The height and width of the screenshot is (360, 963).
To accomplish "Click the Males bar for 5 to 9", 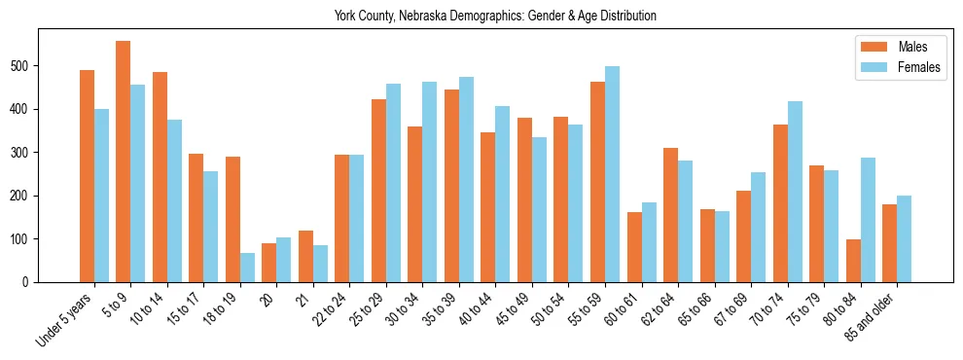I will coord(124,162).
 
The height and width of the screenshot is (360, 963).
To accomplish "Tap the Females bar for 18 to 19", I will coord(247,268).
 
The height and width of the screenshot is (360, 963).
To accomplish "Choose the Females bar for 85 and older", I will coord(904,238).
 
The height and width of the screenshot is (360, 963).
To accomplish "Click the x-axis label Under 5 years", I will coord(66,319).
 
